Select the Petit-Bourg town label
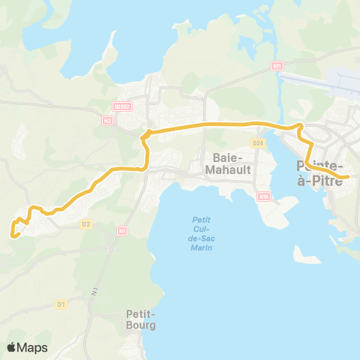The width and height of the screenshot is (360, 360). point(141,320)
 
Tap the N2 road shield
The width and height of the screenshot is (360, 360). point(108,119)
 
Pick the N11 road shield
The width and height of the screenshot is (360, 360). point(277,67)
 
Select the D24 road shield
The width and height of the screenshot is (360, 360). point(258,142)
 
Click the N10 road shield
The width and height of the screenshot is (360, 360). point(263,196)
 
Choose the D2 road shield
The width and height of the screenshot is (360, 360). point(86,223)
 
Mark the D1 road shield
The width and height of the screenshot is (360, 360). point(61,304)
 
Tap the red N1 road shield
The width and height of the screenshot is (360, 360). point(121,232)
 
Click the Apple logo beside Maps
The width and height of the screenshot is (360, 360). point(12,347)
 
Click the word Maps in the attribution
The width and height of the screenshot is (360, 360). point(33,347)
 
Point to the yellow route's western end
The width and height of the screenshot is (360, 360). point(13,235)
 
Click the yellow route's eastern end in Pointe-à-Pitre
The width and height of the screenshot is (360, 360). point(347,177)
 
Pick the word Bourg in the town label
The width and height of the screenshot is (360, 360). point(141,325)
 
